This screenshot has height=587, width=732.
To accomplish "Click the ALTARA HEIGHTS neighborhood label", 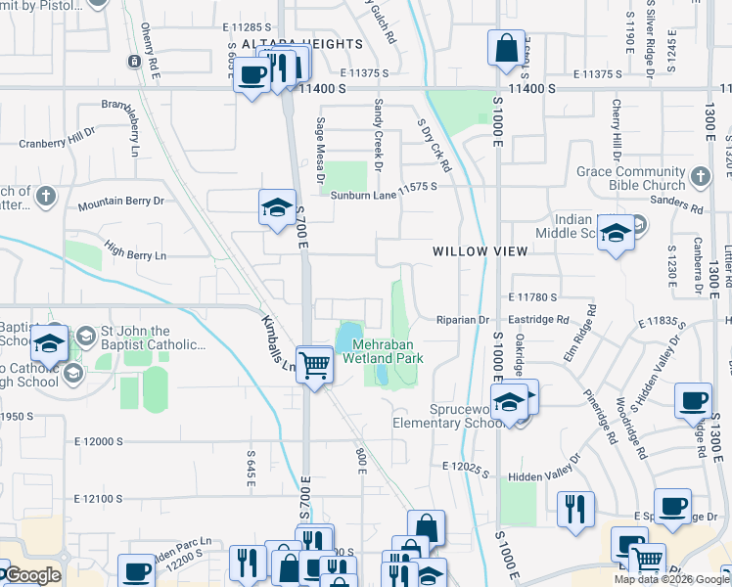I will tap(293, 44).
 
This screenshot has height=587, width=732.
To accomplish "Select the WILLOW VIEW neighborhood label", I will tap(480, 251).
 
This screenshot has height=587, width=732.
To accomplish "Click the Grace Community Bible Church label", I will tap(630, 178).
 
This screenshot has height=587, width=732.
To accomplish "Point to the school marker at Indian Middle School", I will tap(615, 234).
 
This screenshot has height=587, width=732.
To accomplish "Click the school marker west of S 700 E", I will tap(277, 208).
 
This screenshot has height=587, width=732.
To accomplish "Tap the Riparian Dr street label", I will tap(462, 320).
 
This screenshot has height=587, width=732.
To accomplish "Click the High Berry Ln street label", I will tap(135, 255).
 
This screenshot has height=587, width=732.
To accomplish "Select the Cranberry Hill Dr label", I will tap(58, 144).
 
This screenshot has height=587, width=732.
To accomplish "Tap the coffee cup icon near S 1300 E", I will tap(693, 400).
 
